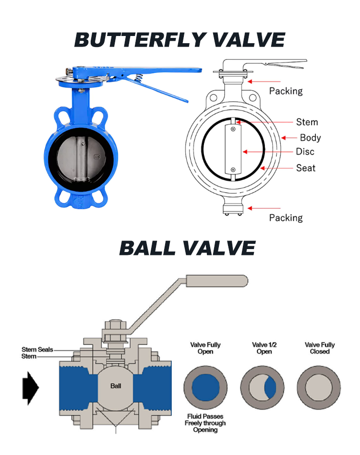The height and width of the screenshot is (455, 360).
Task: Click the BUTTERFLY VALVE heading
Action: pyautogui.click(x=180, y=39)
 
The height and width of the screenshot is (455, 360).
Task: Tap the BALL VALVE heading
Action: pyautogui.click(x=187, y=248)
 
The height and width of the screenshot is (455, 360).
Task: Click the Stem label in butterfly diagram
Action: pyautogui.click(x=307, y=122)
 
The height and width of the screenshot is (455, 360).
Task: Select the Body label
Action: pyautogui.click(x=310, y=138)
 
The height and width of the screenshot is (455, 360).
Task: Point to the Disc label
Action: pyautogui.click(x=305, y=152)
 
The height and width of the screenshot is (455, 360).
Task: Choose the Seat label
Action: pyautogui.click(x=306, y=168)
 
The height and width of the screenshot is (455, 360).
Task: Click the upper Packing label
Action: pyautogui.click(x=286, y=91)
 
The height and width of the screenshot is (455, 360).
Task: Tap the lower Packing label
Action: pyautogui.click(x=286, y=217)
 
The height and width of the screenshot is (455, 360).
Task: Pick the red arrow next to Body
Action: pyautogui.click(x=289, y=138)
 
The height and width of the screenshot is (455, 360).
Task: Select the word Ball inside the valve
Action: pyautogui.click(x=116, y=385)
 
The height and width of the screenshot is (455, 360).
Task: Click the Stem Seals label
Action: pyautogui.click(x=37, y=349)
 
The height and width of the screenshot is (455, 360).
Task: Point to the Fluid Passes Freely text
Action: pyautogui.click(x=205, y=423)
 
